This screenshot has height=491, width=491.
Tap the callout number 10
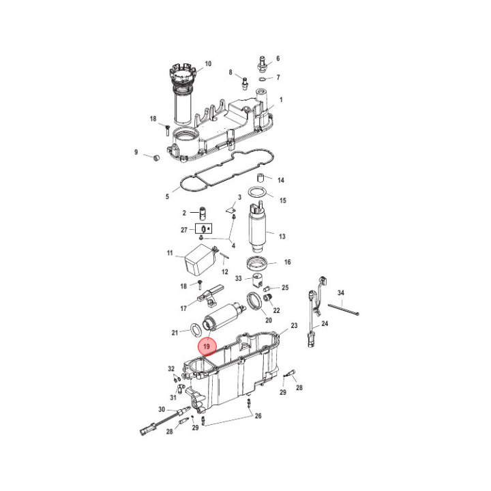[x=208, y=64]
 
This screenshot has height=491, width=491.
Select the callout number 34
[x=341, y=293]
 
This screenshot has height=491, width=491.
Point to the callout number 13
[x=281, y=236]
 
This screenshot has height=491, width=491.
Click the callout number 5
[x=167, y=197]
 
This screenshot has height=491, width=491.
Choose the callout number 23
[x=294, y=327]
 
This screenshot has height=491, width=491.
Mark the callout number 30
[x=162, y=410]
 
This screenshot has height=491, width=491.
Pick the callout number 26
[x=258, y=415]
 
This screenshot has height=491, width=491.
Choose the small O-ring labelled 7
[x=264, y=79]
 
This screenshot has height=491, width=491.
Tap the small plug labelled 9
[x=154, y=158]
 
